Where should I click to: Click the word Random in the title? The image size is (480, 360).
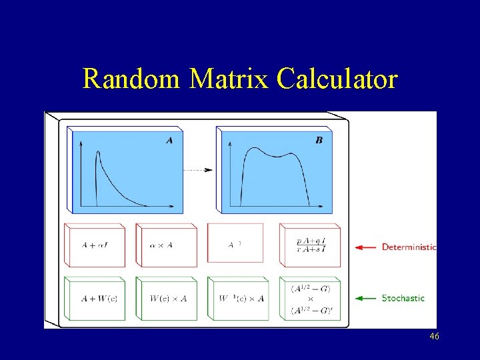pyautogui.click(x=130, y=79)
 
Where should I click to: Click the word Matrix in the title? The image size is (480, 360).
pyautogui.click(x=228, y=79)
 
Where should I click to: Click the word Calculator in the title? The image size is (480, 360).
pyautogui.click(x=337, y=79)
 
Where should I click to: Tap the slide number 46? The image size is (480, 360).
pyautogui.click(x=434, y=337)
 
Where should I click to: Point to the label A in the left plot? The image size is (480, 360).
pyautogui.click(x=169, y=140)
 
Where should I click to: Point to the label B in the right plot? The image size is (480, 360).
pyautogui.click(x=319, y=140)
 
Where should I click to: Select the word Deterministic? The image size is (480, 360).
pyautogui.click(x=409, y=247)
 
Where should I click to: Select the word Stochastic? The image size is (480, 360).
pyautogui.click(x=403, y=298)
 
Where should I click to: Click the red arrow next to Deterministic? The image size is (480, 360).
pyautogui.click(x=365, y=247)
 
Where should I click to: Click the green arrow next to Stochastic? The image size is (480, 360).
pyautogui.click(x=365, y=298)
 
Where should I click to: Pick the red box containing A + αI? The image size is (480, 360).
pyautogui.click(x=95, y=245)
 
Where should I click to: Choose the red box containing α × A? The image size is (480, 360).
pyautogui.click(x=167, y=245)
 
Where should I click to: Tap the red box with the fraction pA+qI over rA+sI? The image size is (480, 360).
pyautogui.click(x=310, y=245)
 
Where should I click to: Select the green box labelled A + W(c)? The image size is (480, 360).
pyautogui.click(x=95, y=298)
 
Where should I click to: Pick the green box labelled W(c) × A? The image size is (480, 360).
pyautogui.click(x=167, y=298)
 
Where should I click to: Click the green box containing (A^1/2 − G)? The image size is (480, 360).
pyautogui.click(x=310, y=298)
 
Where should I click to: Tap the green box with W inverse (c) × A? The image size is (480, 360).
pyautogui.click(x=238, y=298)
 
